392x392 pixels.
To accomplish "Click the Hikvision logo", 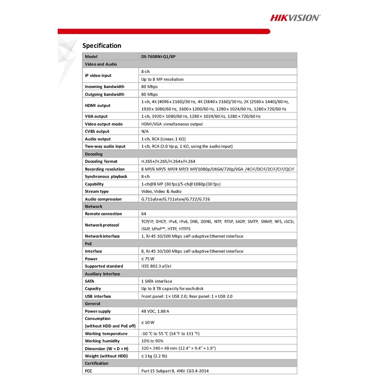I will pyautogui.click(x=295, y=18).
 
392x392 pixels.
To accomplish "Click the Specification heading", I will pyautogui.click(x=102, y=46).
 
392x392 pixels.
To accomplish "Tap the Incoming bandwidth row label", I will pyautogui.click(x=105, y=87).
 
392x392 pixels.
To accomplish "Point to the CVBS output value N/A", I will pyautogui.click(x=145, y=131).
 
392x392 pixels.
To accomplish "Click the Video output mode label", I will pyautogui.click(x=104, y=124).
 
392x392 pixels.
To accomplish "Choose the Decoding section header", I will pyautogui.click(x=94, y=154).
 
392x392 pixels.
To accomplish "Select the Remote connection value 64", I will pyautogui.click(x=144, y=214).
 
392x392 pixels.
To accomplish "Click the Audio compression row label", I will pyautogui.click(x=103, y=199).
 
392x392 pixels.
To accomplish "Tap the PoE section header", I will pyautogui.click(x=88, y=243).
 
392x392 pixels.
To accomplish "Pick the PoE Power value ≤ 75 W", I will pyautogui.click(x=148, y=259).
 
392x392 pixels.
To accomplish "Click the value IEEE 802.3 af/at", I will pyautogui.click(x=156, y=266).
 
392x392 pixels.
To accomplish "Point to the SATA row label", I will pyautogui.click(x=90, y=281).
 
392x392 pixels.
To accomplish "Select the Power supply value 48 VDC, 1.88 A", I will pyautogui.click(x=155, y=311).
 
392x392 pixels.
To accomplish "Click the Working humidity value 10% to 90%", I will pyautogui.click(x=152, y=341).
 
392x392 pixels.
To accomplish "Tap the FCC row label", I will pyautogui.click(x=88, y=371).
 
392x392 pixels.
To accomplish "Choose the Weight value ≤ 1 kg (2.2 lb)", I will pyautogui.click(x=154, y=356).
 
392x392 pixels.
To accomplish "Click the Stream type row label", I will pyautogui.click(x=97, y=191).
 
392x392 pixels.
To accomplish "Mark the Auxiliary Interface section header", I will pyautogui.click(x=103, y=274).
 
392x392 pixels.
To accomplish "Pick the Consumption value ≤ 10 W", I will pyautogui.click(x=148, y=322).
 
